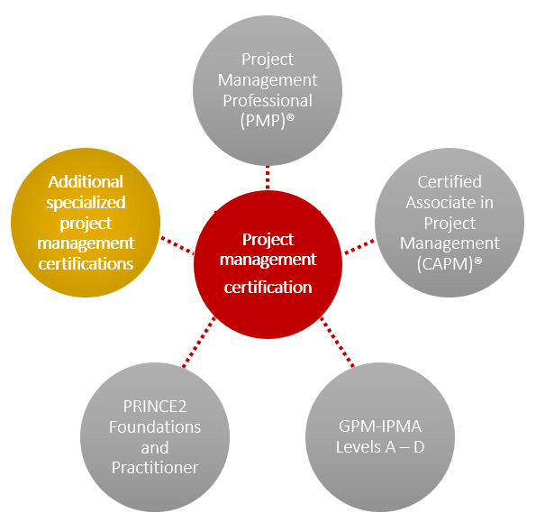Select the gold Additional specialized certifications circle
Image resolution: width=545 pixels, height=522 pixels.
coord(86,223)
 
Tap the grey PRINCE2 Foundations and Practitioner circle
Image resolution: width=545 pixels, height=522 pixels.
coord(155,435)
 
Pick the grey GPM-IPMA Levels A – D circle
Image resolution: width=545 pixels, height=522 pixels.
coord(380,435)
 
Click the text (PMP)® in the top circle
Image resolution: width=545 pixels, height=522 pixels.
coord(268,121)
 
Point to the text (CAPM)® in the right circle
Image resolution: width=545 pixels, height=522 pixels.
coord(449,263)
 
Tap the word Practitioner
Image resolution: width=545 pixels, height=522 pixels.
coord(155,467)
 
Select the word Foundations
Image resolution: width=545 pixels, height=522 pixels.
coord(155,426)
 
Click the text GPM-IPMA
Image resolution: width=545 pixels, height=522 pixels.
coord(380,426)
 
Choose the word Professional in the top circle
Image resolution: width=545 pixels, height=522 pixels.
coord(268,100)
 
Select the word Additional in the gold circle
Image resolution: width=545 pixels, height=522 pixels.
coord(86,182)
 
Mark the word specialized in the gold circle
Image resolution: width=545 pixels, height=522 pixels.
coord(86,202)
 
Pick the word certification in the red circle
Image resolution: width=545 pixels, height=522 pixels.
coord(268,288)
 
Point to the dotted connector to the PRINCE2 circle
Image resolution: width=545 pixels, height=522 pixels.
coord(200,343)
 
